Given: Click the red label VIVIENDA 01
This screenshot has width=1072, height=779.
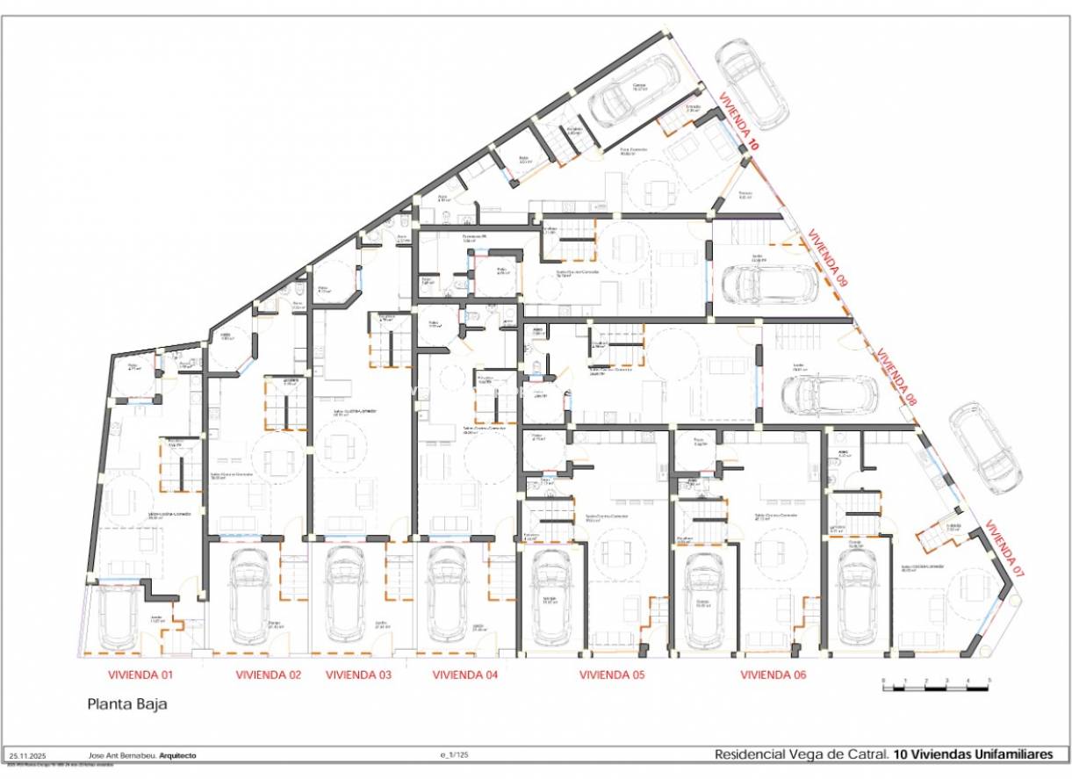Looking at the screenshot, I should pos(140,675).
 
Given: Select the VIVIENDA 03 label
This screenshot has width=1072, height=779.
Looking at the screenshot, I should pos(358,675).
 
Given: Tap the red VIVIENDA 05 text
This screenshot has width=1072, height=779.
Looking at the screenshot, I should pos(612,675).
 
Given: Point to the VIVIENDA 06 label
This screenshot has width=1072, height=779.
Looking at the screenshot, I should pos(773,675).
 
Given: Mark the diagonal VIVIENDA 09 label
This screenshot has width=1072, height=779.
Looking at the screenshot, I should pos(828,259).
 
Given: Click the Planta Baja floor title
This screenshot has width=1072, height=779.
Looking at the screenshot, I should pos(126,703).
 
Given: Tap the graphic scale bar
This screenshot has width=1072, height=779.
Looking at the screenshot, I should pos(936,686).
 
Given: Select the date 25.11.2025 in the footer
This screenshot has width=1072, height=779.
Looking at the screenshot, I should pos(27,755).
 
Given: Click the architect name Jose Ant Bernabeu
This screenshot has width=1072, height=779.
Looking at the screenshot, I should pos(123,755).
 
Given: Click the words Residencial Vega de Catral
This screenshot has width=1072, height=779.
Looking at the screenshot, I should pos(801,754).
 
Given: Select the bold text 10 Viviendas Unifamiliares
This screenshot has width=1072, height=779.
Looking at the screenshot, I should pos(973,754).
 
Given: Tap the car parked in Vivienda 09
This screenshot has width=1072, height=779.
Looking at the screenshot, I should pos(764,283).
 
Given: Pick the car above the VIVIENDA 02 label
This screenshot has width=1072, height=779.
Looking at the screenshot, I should pos(249,595).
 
